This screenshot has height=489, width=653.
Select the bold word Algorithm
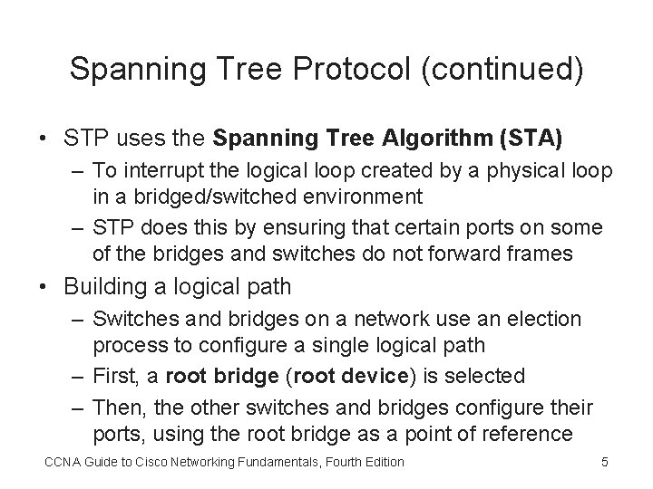(x=436, y=139)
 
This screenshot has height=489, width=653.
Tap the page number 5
(x=605, y=464)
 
